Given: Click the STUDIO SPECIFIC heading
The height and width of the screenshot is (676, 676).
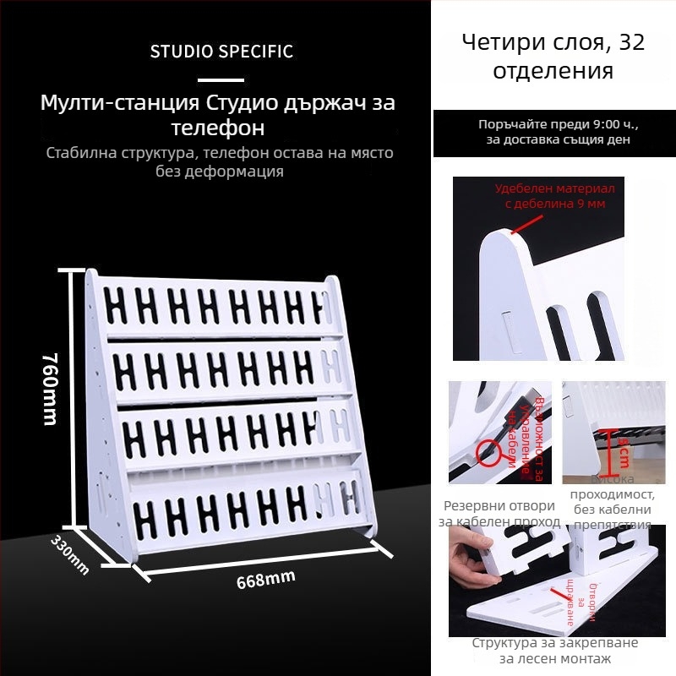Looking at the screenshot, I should tap(221, 52).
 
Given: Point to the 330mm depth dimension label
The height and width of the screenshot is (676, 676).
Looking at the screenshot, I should tap(70, 553).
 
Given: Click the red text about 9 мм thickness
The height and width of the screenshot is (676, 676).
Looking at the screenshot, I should tap(554, 196).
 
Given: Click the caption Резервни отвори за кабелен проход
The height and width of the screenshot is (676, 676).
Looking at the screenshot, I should tap(499, 514).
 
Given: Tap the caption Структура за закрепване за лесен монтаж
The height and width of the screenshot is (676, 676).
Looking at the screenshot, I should tap(554, 651).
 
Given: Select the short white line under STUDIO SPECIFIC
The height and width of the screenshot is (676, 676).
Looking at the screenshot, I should tap(221, 80).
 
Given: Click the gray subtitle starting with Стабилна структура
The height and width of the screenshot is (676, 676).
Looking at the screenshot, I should tap(220, 162).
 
